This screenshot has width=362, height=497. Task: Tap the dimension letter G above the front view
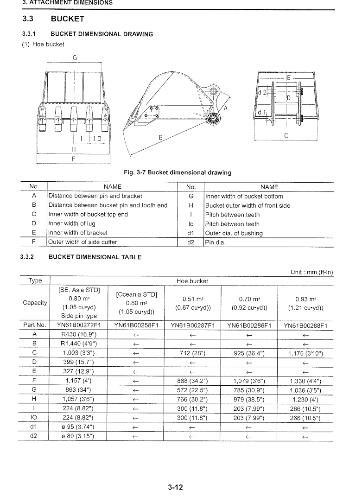75,58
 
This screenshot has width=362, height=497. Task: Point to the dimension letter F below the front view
73,158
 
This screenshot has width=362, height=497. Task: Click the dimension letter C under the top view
286,136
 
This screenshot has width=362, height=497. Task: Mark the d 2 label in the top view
263,92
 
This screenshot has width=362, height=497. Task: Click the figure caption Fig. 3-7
178,172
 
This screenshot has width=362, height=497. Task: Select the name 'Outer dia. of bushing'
234,233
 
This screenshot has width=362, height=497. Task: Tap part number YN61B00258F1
136,325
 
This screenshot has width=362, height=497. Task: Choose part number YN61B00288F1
305,325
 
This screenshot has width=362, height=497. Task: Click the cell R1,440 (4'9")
79,344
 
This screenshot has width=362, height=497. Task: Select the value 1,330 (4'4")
305,382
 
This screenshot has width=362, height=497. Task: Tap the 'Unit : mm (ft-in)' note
312,272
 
